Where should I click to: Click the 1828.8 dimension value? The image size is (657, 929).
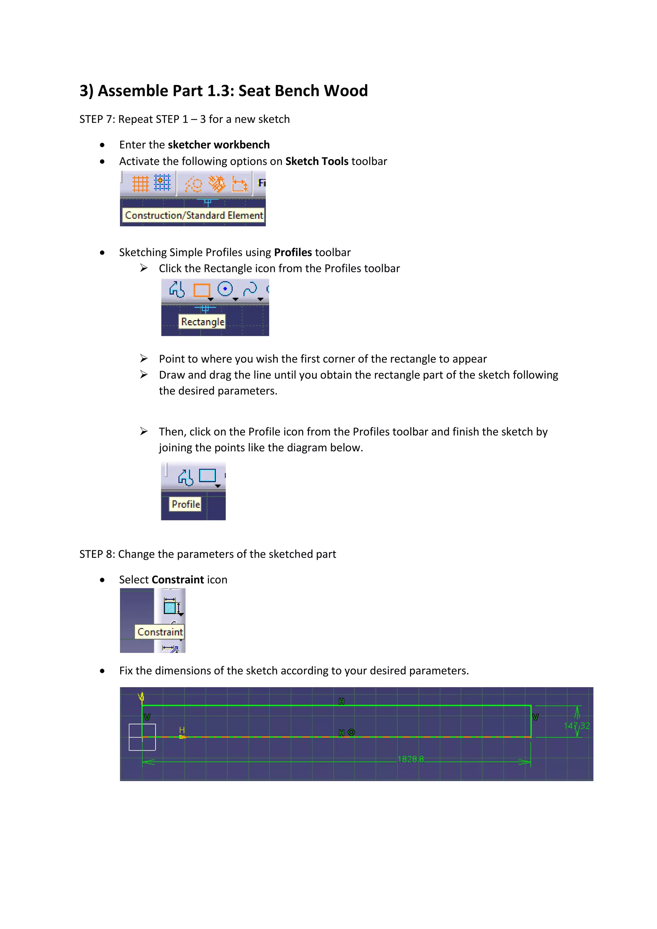tap(411, 759)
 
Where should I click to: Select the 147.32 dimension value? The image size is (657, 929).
tap(576, 726)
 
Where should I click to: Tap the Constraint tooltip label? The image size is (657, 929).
tap(160, 632)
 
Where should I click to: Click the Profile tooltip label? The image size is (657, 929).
tap(186, 504)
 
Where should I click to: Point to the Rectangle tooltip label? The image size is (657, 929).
tap(202, 322)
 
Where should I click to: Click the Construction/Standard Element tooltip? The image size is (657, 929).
tap(194, 215)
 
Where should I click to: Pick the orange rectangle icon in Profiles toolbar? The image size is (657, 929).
tap(201, 290)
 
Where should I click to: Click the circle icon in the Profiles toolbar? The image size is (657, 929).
tap(225, 289)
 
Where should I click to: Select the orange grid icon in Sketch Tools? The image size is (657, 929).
tap(141, 184)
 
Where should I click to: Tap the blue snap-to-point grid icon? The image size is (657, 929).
tap(162, 183)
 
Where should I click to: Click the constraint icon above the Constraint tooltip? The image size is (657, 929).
tap(172, 607)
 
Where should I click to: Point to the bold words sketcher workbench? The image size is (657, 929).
tap(218, 145)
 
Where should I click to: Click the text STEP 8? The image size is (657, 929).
tap(97, 554)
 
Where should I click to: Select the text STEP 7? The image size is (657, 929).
tap(97, 119)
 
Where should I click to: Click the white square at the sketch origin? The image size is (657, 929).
tap(142, 737)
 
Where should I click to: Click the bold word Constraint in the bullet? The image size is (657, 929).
tap(178, 580)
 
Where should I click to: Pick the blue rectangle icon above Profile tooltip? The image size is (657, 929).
tap(208, 475)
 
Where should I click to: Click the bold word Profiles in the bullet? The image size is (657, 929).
tap(293, 252)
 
